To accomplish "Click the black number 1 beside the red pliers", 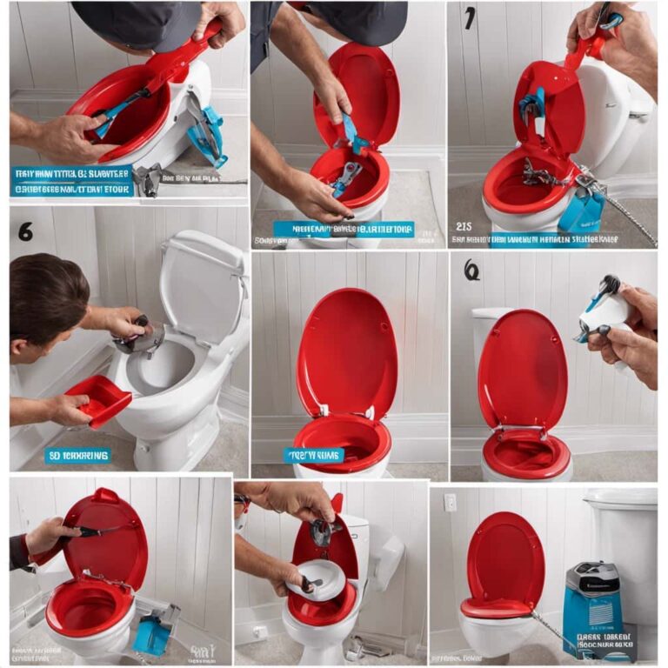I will coord(470,17).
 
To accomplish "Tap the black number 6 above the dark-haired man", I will coord(25,231).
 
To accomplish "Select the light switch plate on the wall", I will coord(450,502).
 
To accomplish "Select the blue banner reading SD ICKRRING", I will coord(78,455).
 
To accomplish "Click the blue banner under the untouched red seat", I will coord(314,455).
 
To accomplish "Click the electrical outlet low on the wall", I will coord(259,631).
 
